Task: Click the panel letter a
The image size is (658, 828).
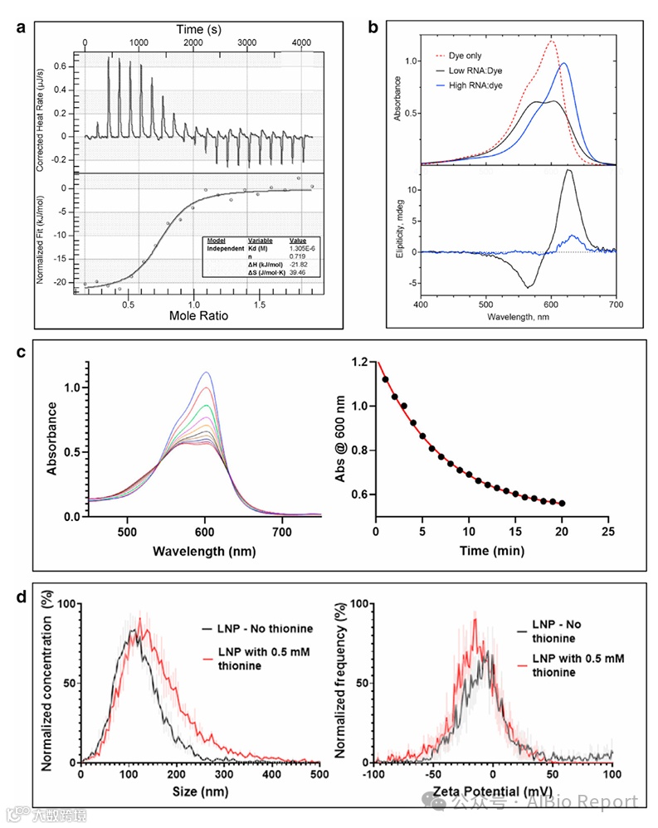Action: (x=22, y=27)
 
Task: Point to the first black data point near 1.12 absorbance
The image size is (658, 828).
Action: (x=385, y=379)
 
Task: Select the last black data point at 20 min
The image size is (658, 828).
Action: (x=562, y=504)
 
